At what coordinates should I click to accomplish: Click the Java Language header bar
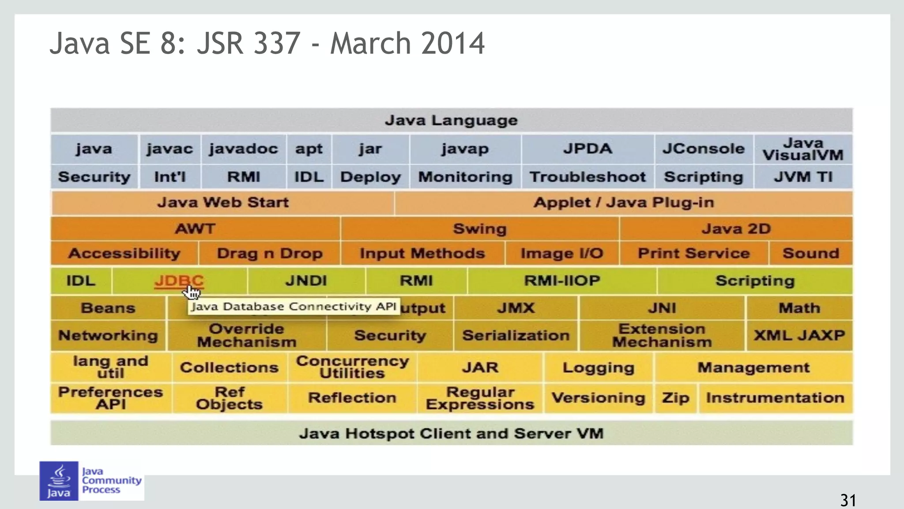coord(451,120)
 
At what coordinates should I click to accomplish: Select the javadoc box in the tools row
coord(243,149)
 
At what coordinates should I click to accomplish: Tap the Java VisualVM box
coord(803,149)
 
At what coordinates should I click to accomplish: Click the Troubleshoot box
coord(588,177)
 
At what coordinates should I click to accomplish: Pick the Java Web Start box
coord(223,203)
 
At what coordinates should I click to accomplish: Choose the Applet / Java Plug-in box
coord(623,203)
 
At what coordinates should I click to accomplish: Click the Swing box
coord(479,229)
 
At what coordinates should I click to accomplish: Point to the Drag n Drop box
coord(269,253)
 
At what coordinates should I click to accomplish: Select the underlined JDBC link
coord(178,280)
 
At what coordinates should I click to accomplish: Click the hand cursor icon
coord(192,292)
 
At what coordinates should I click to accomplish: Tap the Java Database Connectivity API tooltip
coord(294,306)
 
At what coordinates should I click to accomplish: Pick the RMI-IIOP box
coord(561,281)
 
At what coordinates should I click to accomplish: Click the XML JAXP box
coord(799,336)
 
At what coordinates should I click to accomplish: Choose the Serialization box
coord(516,336)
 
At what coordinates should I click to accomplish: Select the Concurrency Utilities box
coord(352,367)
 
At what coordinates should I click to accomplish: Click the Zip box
coord(675,398)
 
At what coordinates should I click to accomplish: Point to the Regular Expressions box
coord(480,398)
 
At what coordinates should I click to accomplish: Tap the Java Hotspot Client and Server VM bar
coord(451,433)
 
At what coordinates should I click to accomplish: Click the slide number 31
coord(848,500)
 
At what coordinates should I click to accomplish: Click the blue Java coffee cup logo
coord(59,481)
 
